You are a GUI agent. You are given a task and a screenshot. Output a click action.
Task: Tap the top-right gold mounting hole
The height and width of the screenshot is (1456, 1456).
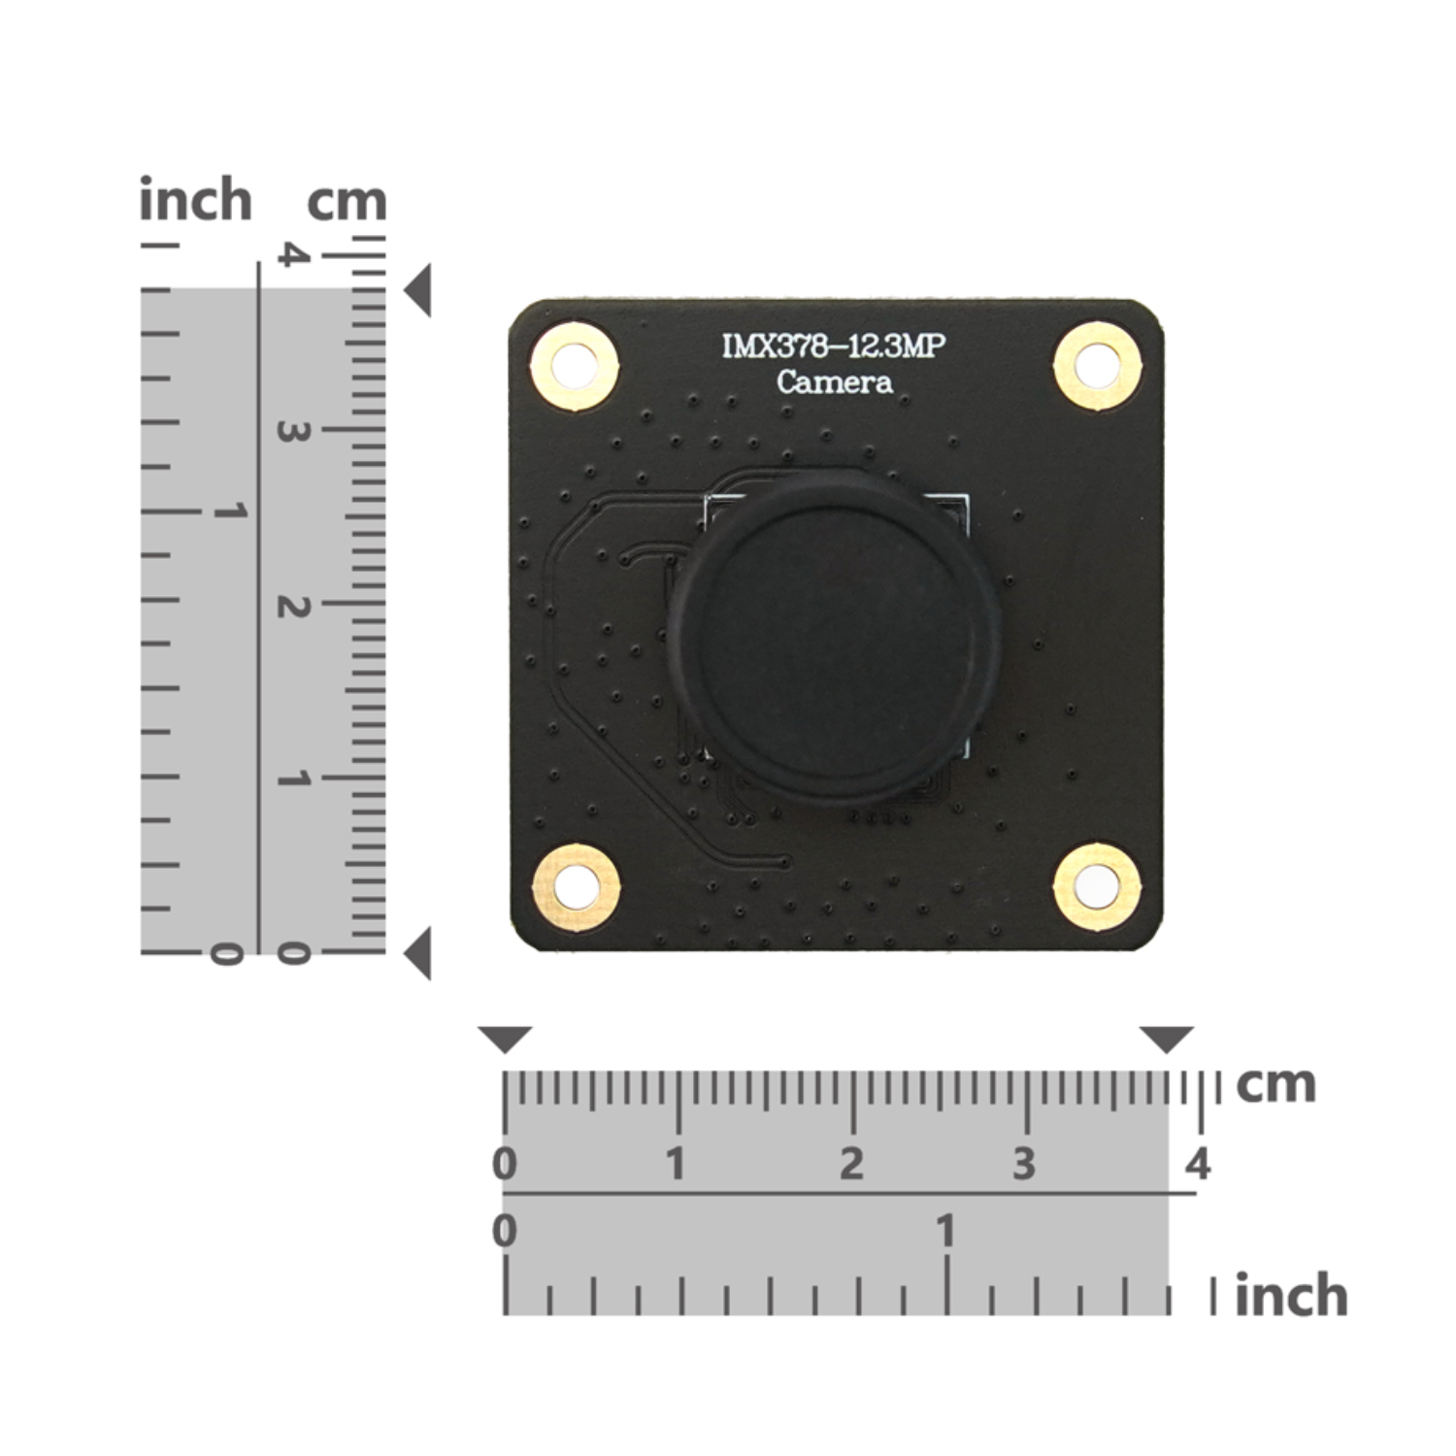tap(1097, 365)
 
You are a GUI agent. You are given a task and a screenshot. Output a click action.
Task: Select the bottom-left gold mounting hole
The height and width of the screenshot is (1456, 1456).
tap(576, 885)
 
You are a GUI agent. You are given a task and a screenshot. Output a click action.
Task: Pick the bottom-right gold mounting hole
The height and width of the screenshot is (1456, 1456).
tap(1097, 883)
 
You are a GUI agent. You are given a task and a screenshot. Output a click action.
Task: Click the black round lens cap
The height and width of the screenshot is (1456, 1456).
tap(833, 640)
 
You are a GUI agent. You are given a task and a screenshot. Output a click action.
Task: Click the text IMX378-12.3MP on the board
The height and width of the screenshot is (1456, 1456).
tap(834, 347)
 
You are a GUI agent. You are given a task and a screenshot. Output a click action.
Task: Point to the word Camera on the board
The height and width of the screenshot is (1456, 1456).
tap(835, 381)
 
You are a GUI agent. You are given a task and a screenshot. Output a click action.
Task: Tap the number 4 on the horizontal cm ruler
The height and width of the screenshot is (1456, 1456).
tap(1199, 1163)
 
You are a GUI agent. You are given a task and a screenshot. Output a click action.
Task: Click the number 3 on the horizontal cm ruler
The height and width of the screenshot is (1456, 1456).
tap(1024, 1163)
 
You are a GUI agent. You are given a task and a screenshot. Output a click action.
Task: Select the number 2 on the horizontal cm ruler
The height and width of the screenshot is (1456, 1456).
tap(851, 1163)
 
